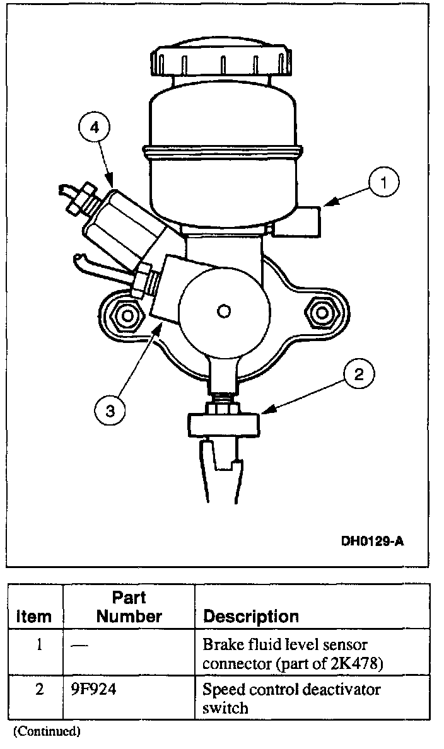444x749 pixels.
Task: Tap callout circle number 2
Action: (x=358, y=376)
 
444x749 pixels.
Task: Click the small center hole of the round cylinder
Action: (x=223, y=311)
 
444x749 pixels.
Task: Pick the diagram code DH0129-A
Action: (x=371, y=540)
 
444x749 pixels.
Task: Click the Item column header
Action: (x=34, y=616)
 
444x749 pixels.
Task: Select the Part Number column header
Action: (x=129, y=607)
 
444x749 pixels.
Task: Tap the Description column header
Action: (x=251, y=616)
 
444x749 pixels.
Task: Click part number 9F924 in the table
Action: (x=94, y=690)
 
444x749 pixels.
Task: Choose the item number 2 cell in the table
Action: (x=39, y=690)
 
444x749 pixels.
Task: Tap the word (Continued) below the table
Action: (x=47, y=731)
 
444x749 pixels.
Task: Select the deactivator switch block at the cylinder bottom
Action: (x=223, y=423)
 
